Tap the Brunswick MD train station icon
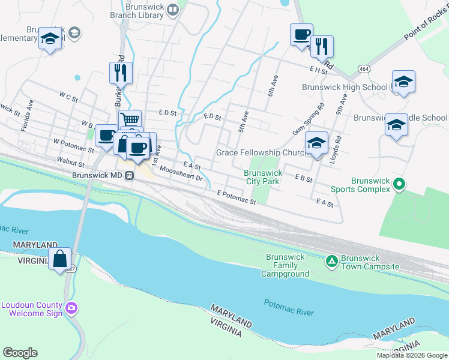tap(128, 176)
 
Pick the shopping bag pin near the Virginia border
tap(60, 260)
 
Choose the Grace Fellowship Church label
tap(262, 153)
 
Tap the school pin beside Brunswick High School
tap(403, 82)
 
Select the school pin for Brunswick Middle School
tap(396, 125)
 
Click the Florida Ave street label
tap(26, 116)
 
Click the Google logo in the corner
tap(20, 353)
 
